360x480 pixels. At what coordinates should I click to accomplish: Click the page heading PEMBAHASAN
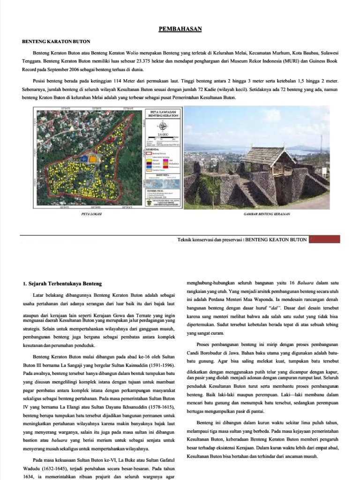[x=180, y=29]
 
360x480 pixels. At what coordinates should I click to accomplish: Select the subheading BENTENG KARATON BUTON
[x=56, y=41]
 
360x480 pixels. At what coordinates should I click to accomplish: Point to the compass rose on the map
[x=163, y=125]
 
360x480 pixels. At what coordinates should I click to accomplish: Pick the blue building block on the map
[x=84, y=159]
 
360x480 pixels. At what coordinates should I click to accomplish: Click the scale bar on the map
[x=162, y=139]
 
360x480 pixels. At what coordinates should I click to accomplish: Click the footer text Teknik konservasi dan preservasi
[x=210, y=240]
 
